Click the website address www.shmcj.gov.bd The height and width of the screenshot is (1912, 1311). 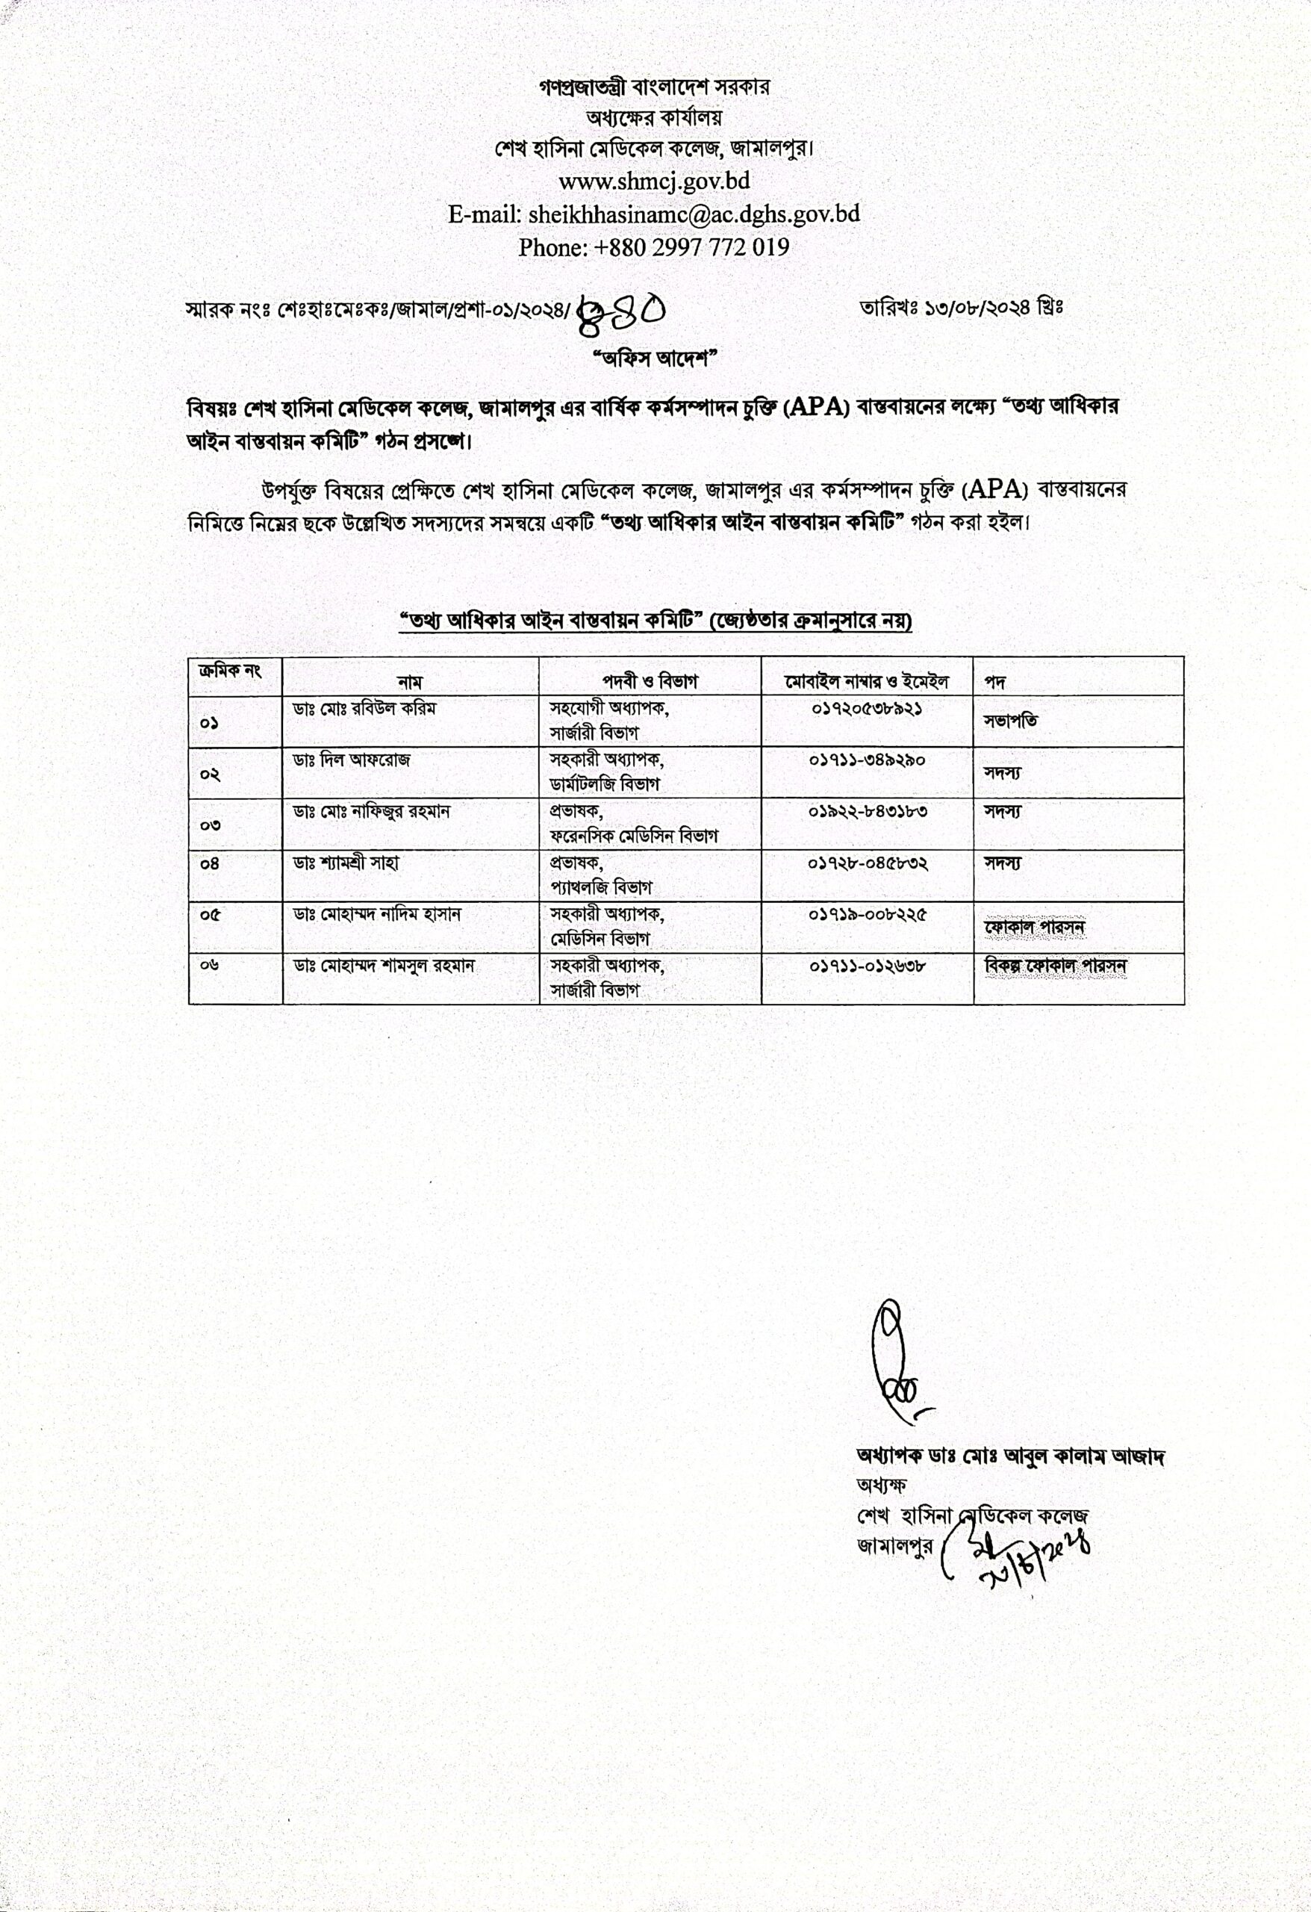tap(654, 180)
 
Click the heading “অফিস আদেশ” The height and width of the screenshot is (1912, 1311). tap(655, 359)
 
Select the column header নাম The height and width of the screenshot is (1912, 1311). tap(410, 682)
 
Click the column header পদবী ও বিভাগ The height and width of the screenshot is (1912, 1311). tap(650, 681)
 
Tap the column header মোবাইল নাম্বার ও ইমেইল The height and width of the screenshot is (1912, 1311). tap(867, 681)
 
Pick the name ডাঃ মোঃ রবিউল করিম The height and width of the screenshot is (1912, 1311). tap(365, 707)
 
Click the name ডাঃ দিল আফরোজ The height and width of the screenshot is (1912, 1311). tap(351, 760)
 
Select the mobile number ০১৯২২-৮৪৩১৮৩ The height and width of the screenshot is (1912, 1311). tap(868, 811)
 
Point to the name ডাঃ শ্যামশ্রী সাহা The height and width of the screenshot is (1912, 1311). tap(346, 863)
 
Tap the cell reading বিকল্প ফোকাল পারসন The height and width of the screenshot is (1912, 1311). tap(1055, 966)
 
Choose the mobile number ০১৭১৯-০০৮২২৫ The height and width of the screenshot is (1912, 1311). tap(868, 914)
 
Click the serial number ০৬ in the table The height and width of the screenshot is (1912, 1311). tap(209, 966)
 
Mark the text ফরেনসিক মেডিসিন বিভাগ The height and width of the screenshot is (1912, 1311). tap(634, 836)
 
